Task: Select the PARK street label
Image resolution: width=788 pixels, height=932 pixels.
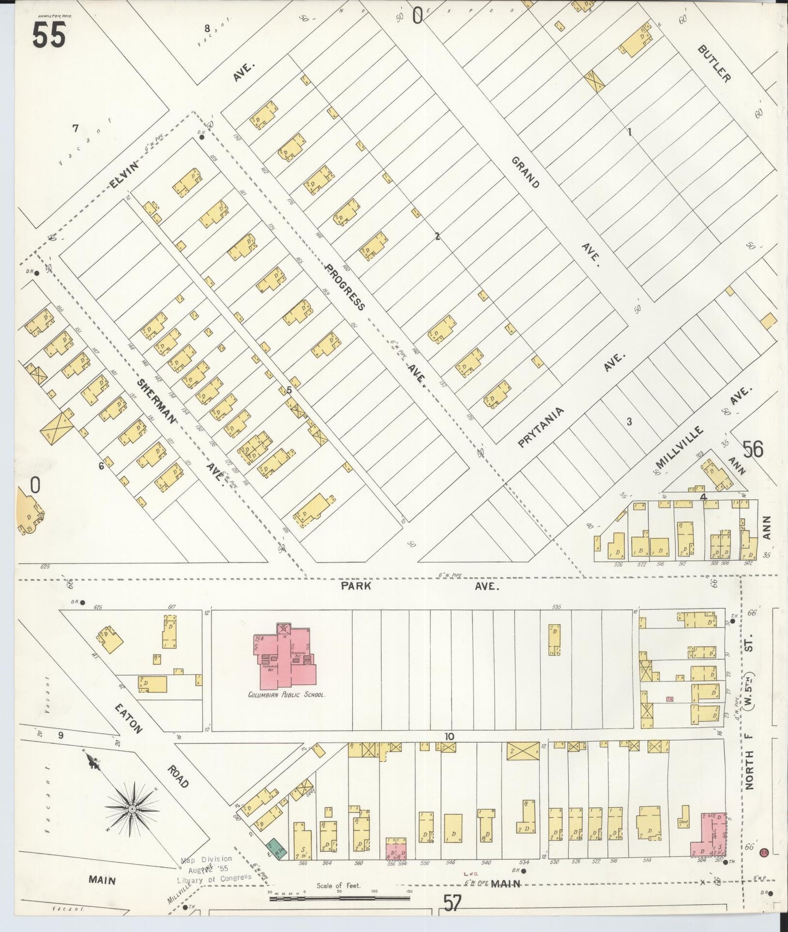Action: [356, 586]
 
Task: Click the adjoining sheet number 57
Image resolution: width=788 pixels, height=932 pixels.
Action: [453, 903]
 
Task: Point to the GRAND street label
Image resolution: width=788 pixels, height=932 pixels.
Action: [526, 172]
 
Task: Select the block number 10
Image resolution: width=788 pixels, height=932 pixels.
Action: [449, 736]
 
